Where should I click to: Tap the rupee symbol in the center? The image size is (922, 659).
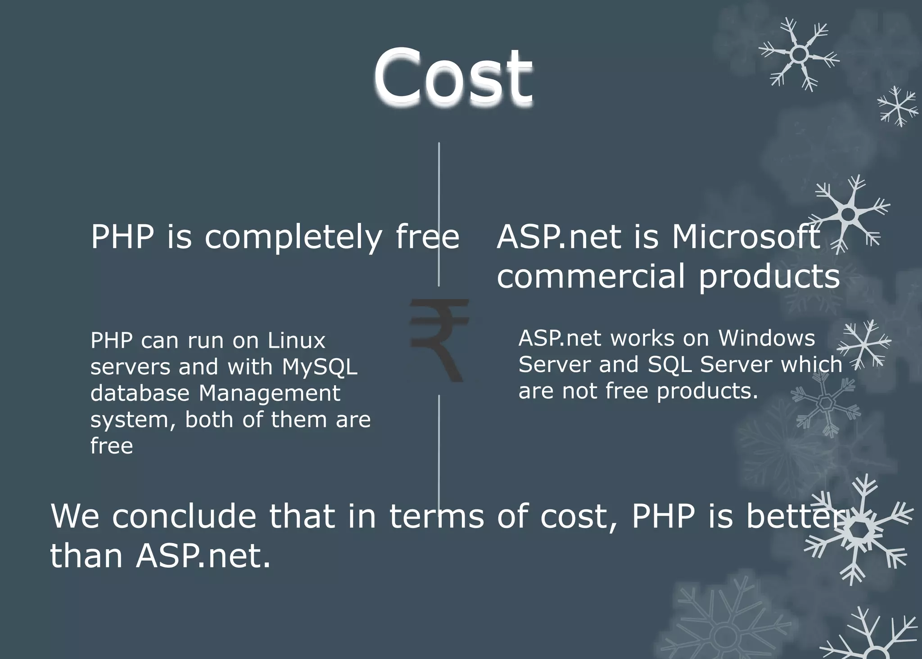[x=439, y=340]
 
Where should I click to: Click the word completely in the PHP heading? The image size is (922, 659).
[x=293, y=237]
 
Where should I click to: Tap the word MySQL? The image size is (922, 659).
[x=319, y=367]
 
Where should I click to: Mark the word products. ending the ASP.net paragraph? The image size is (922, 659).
[x=707, y=391]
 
